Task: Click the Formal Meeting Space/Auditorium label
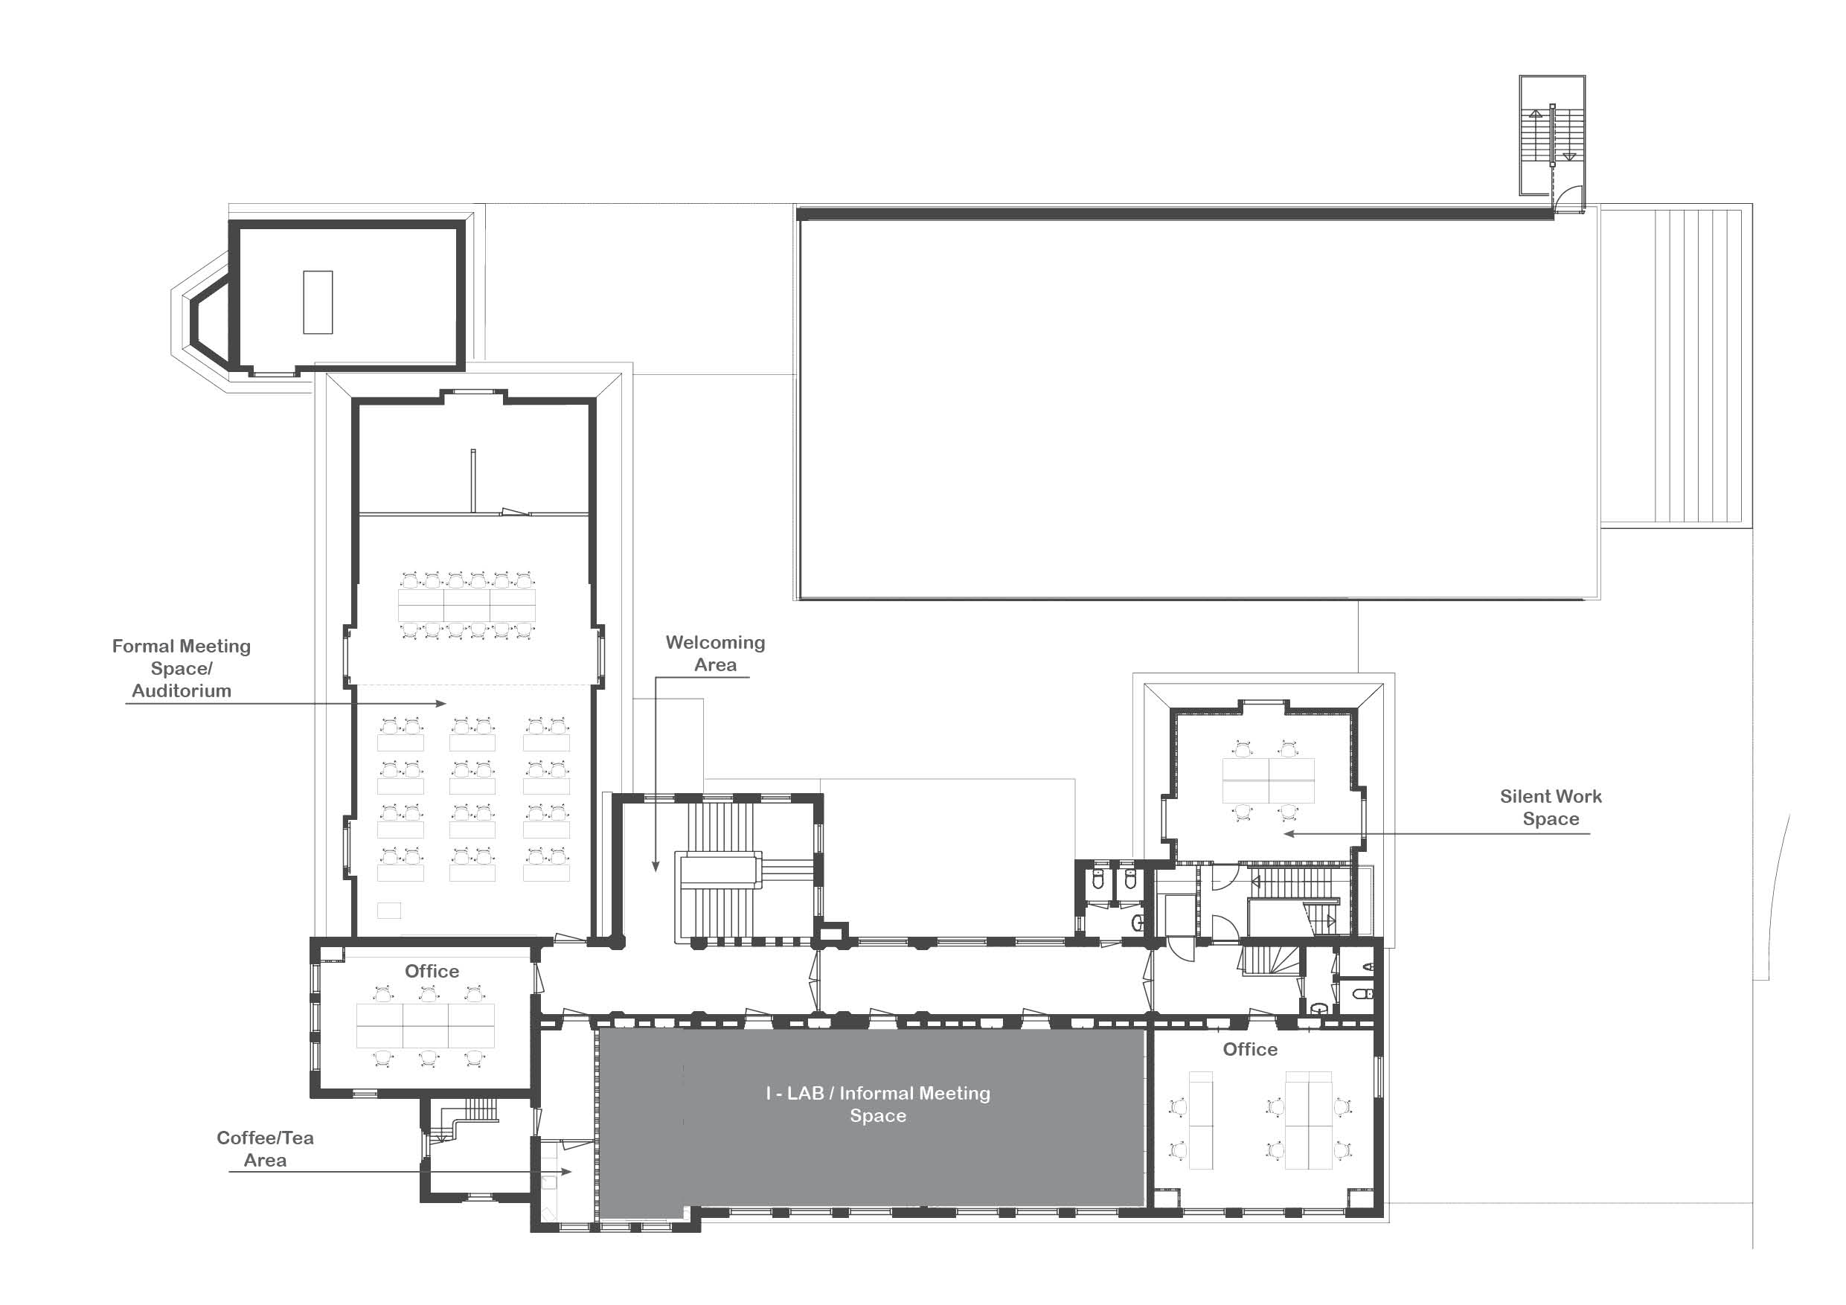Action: (182, 668)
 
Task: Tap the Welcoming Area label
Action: (716, 654)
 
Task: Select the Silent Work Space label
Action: (1551, 807)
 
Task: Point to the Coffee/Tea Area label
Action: (266, 1149)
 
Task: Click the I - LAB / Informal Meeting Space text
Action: (878, 1104)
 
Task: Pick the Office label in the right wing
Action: (1250, 1049)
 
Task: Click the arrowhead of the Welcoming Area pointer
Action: (656, 867)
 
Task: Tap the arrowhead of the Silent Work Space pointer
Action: (1289, 834)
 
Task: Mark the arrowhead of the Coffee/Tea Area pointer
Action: (566, 1172)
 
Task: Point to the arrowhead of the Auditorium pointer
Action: (440, 704)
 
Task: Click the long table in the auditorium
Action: (467, 606)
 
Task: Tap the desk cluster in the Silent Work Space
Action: (1268, 780)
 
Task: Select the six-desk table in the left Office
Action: (426, 1025)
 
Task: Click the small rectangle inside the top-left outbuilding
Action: (318, 302)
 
